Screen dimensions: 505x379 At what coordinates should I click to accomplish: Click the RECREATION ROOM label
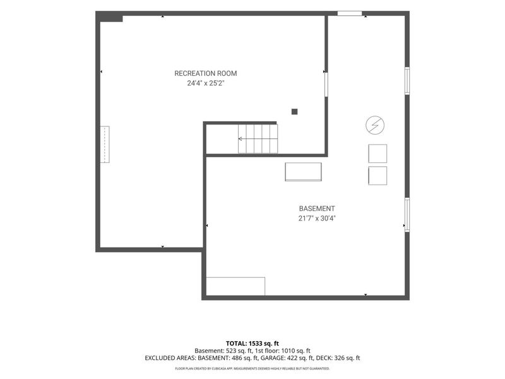pos(206,73)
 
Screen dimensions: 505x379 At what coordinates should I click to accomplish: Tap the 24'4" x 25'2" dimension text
pos(206,83)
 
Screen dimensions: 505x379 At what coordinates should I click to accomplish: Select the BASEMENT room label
pos(317,208)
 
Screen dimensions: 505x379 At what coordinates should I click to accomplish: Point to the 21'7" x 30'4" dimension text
pos(317,218)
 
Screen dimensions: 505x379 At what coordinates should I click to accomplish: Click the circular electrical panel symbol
pos(375,124)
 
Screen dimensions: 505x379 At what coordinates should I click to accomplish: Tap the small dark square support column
pos(294,112)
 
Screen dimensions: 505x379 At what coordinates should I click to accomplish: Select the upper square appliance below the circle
pos(377,153)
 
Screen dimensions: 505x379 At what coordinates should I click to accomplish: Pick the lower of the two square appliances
pos(377,176)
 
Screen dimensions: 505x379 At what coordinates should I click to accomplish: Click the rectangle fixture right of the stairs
pos(303,172)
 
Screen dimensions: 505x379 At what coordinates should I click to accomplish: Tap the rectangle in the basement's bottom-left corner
pos(235,286)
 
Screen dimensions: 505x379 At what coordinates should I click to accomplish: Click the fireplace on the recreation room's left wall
pos(105,145)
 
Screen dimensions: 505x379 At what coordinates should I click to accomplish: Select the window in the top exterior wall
pos(350,13)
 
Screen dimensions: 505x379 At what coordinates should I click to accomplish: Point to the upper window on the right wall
pos(407,81)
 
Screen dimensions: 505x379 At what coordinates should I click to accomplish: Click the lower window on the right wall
pos(407,215)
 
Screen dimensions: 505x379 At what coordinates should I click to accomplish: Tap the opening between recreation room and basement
pos(326,85)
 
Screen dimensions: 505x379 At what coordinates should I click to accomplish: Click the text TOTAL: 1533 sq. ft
pos(252,344)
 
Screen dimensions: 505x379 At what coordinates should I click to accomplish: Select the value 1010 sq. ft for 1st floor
pos(296,351)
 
